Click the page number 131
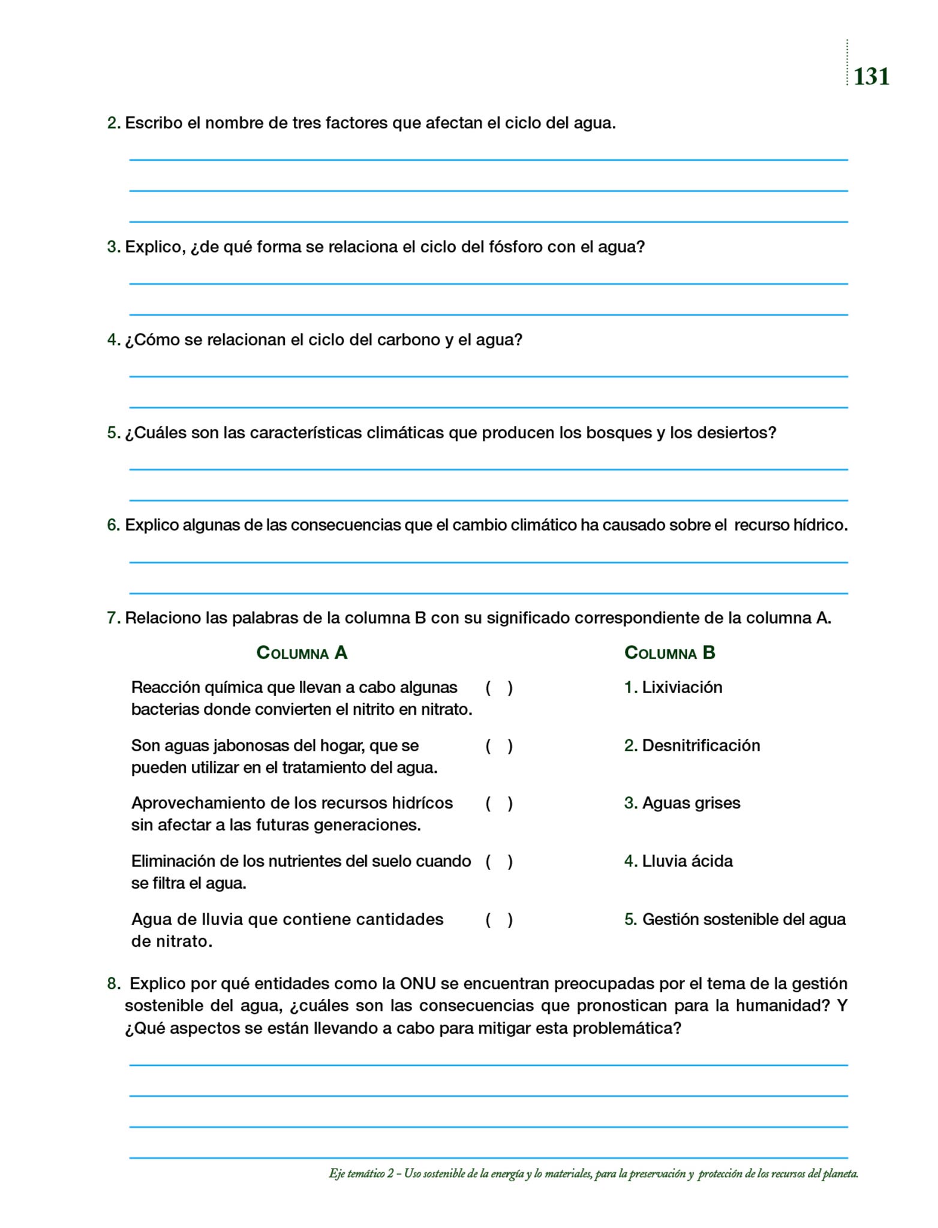point(871,77)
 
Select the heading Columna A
point(302,652)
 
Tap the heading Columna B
point(669,652)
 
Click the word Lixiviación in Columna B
point(682,687)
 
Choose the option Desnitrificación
point(701,745)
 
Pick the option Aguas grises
point(691,803)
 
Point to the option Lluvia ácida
point(687,861)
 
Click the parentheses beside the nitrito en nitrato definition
point(499,688)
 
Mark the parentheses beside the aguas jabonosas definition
point(499,746)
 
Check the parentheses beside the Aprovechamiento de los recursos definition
point(499,803)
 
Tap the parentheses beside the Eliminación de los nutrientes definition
point(499,862)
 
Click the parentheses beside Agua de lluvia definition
point(499,920)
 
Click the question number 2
point(113,124)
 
